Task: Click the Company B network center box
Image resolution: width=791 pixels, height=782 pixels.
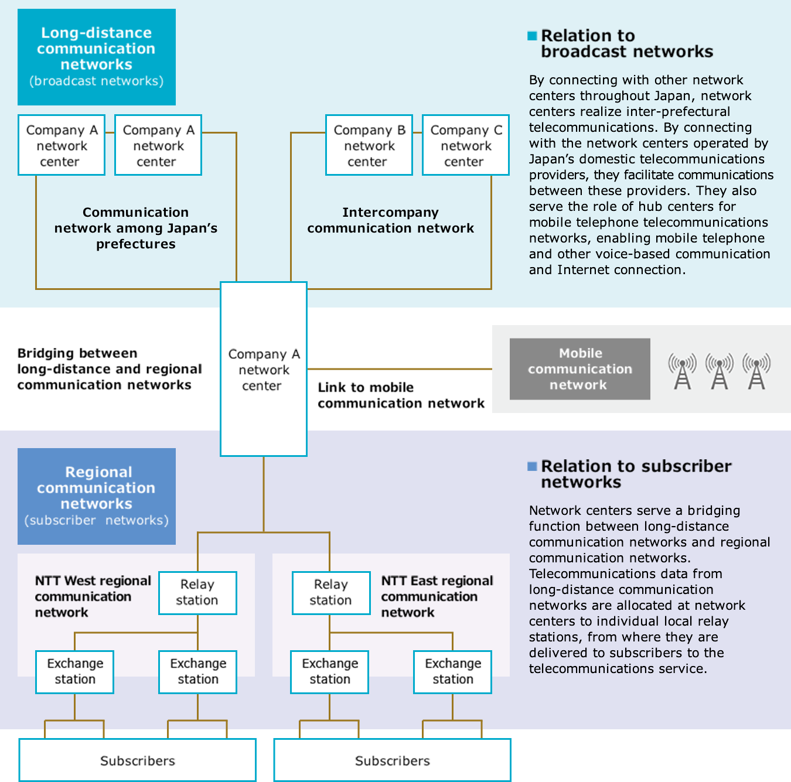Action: [369, 145]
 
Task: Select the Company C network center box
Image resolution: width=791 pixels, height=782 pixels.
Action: [466, 145]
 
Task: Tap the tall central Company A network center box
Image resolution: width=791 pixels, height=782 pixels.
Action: [264, 369]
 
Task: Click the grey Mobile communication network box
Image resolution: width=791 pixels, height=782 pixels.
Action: [579, 369]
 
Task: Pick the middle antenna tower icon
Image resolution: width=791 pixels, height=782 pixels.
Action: [720, 371]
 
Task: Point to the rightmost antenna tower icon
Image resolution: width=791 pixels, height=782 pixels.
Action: [756, 371]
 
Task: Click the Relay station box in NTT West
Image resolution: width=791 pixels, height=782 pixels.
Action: [197, 593]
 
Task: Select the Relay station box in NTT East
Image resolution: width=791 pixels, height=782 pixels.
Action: [331, 593]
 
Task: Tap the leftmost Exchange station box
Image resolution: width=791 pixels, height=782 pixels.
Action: [74, 672]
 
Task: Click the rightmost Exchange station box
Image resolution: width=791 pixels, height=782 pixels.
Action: [452, 672]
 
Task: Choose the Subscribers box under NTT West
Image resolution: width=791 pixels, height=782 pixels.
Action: [137, 760]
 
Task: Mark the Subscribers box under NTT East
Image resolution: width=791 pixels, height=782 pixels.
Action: [392, 760]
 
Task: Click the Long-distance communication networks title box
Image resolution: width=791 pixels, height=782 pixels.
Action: [97, 57]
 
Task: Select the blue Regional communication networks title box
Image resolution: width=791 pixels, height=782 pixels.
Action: [97, 496]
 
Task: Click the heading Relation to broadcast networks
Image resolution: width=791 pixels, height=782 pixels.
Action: [626, 44]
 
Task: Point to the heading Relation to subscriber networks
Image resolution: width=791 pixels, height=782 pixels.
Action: [636, 474]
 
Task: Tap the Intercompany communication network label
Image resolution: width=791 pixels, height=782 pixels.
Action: [391, 220]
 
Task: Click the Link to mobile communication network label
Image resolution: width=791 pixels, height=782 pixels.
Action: [401, 395]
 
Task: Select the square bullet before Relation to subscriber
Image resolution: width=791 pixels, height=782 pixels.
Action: [532, 466]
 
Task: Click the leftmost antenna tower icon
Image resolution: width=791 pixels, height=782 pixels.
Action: [683, 371]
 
